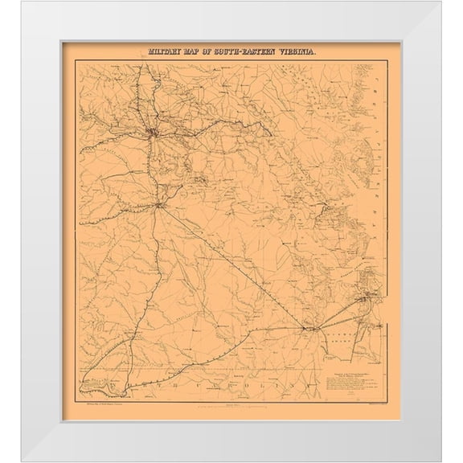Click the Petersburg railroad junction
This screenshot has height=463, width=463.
click(162, 208)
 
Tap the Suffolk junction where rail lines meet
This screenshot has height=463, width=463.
click(308, 327)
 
